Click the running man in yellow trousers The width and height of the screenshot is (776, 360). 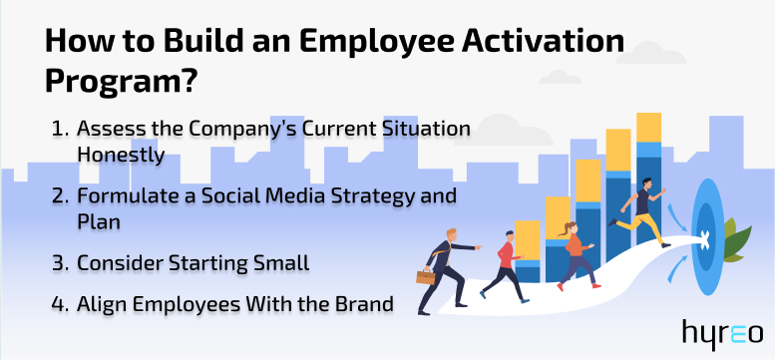(x=640, y=210)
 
